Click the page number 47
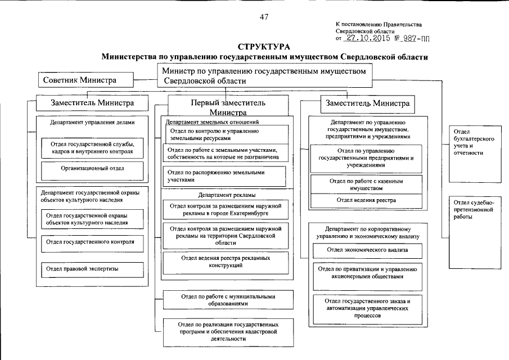[x=264, y=16]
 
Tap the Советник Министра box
[x=80, y=80]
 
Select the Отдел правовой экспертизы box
[x=90, y=269]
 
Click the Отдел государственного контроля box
[x=90, y=242]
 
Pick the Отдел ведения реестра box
[x=366, y=200]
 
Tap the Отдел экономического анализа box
[x=368, y=249]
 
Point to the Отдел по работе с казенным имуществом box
[x=366, y=184]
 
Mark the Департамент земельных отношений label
[x=212, y=121]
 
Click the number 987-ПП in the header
[x=408, y=39]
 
